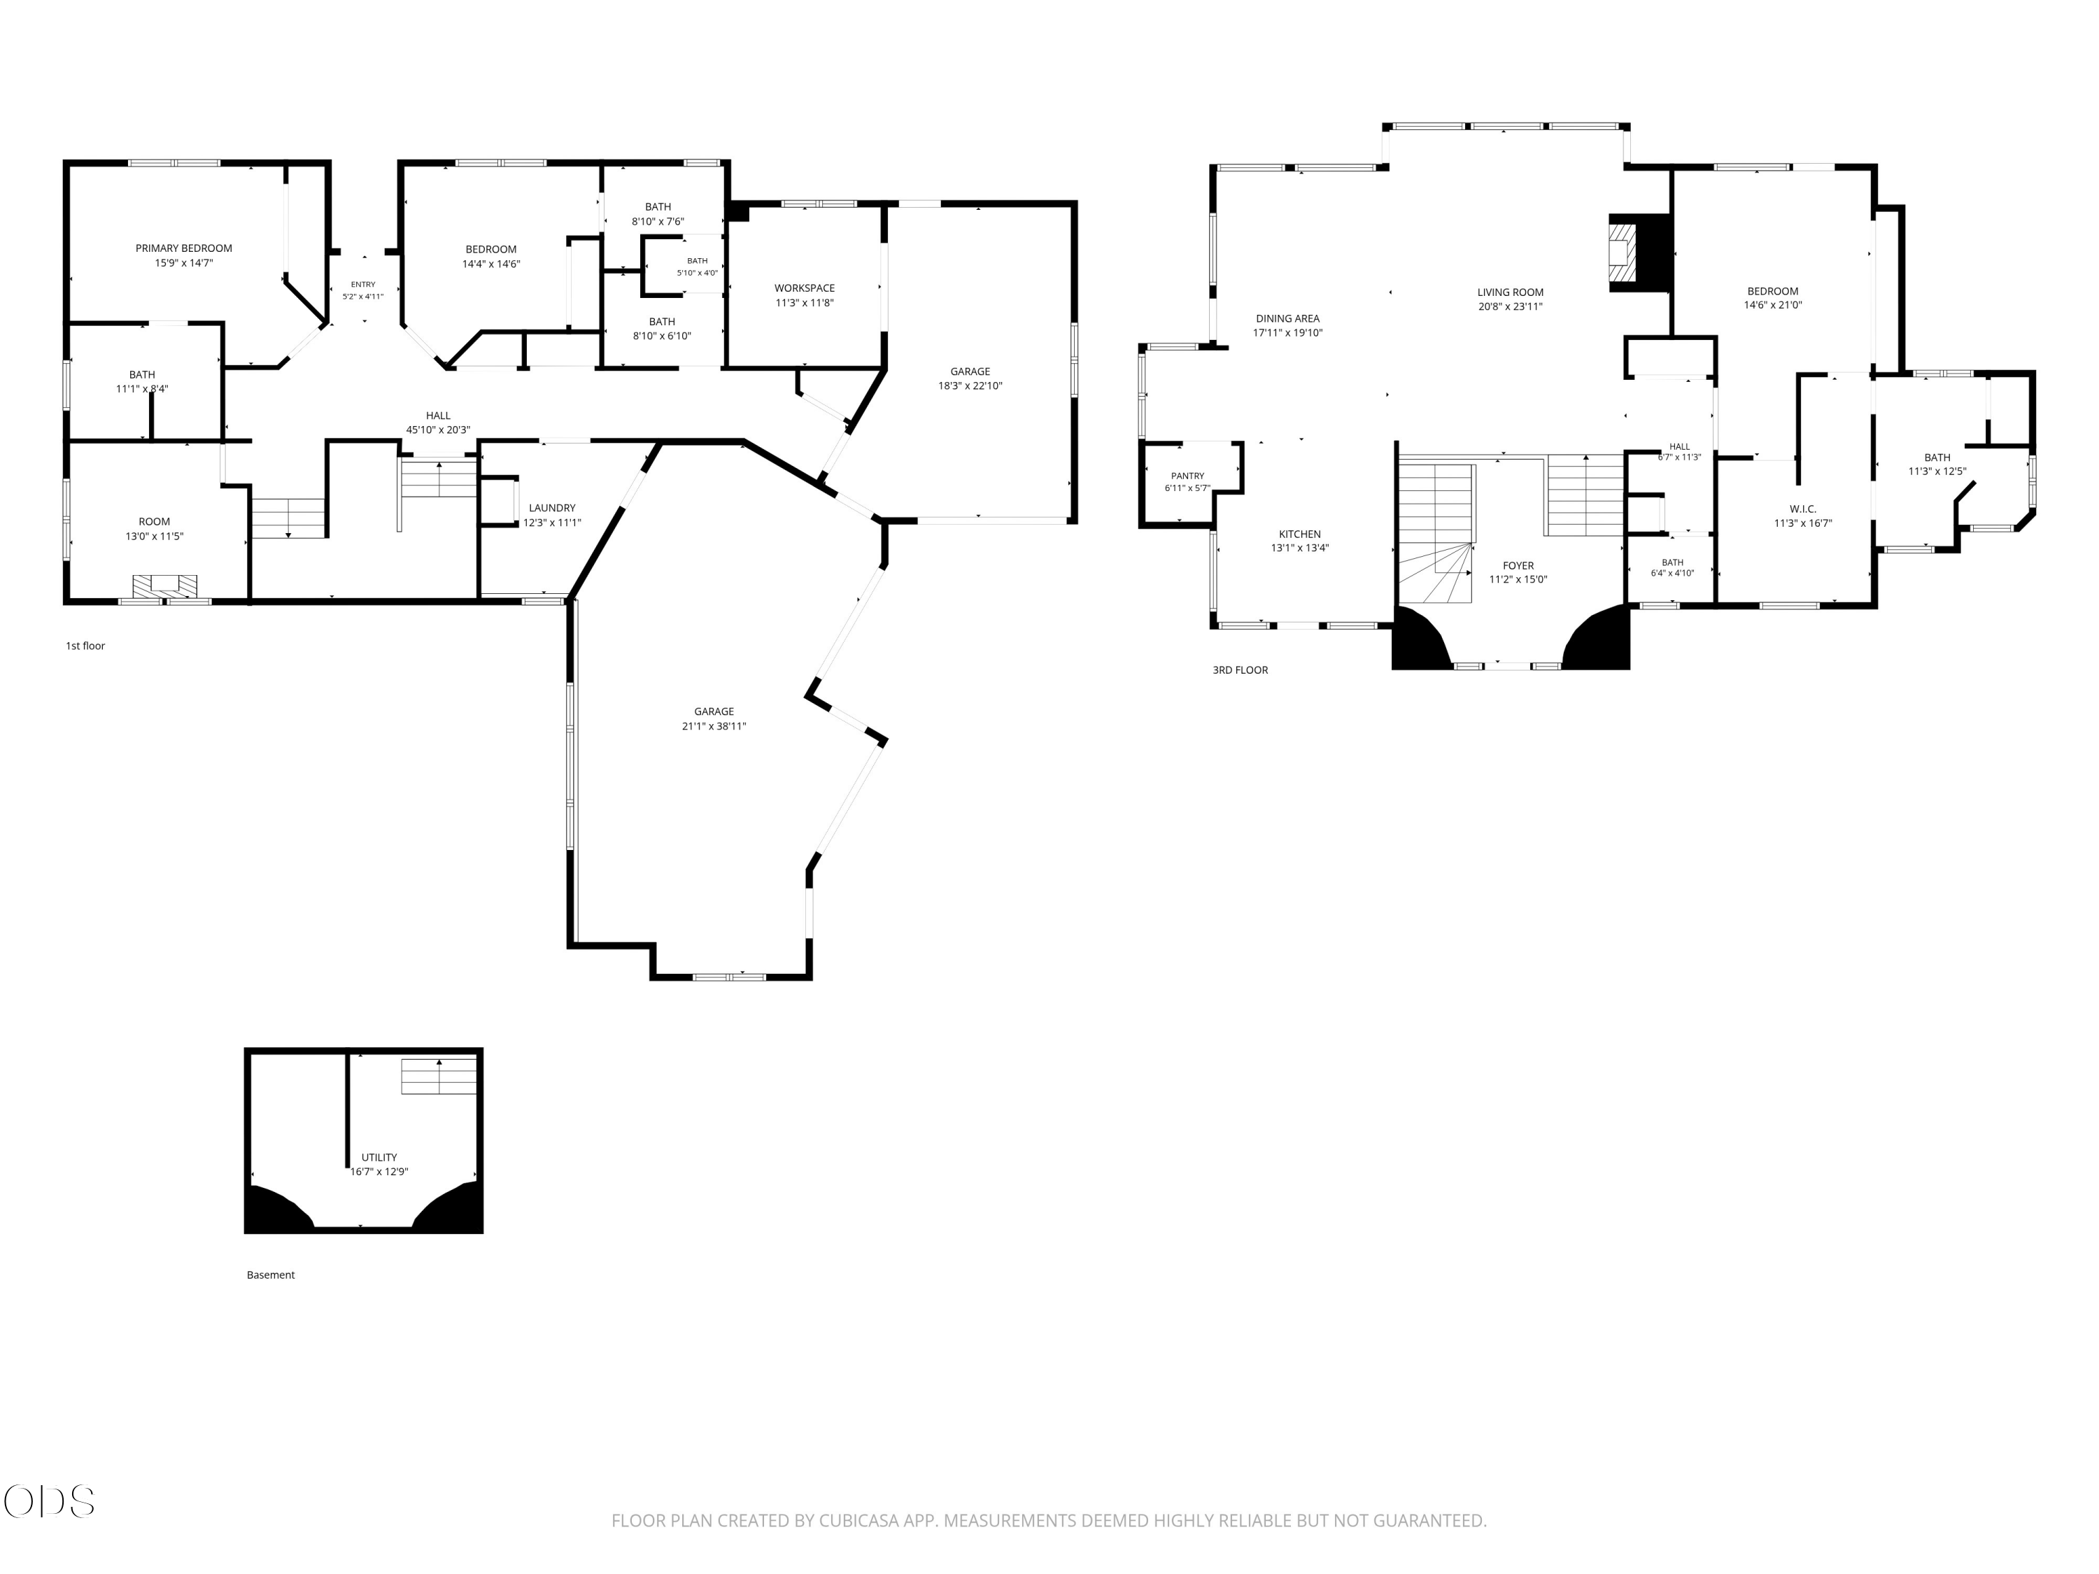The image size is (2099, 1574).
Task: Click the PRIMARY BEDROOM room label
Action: (183, 248)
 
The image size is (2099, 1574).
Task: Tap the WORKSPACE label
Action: (805, 288)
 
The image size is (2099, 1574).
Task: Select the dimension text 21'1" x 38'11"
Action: (714, 727)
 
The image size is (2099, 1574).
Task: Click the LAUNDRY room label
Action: (552, 509)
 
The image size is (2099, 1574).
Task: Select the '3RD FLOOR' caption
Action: (1241, 670)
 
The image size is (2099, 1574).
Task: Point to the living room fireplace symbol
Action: (1623, 250)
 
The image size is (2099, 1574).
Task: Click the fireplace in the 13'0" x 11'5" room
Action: (165, 586)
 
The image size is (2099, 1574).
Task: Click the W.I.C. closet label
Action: (1803, 509)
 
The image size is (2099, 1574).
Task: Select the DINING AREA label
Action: (1287, 319)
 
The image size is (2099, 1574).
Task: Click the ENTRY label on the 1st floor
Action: (363, 285)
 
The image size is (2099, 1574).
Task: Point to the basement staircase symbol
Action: (439, 1076)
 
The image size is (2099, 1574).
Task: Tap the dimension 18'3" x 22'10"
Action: (970, 386)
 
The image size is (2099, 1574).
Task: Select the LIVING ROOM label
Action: (1511, 292)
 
